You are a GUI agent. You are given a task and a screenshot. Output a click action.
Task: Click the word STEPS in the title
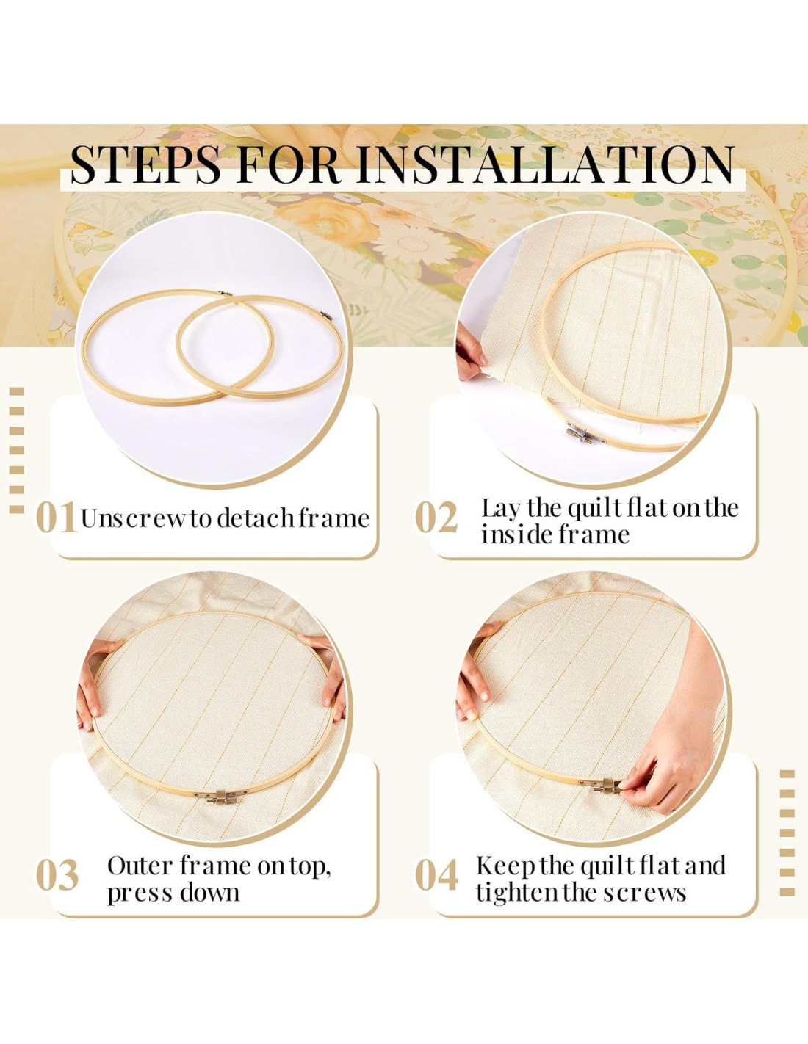146,164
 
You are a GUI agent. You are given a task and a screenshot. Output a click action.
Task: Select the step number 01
57,518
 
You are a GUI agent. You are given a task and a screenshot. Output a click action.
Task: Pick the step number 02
436,518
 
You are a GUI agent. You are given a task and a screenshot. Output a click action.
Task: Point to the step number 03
57,875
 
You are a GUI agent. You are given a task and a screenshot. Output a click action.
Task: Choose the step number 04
436,875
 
